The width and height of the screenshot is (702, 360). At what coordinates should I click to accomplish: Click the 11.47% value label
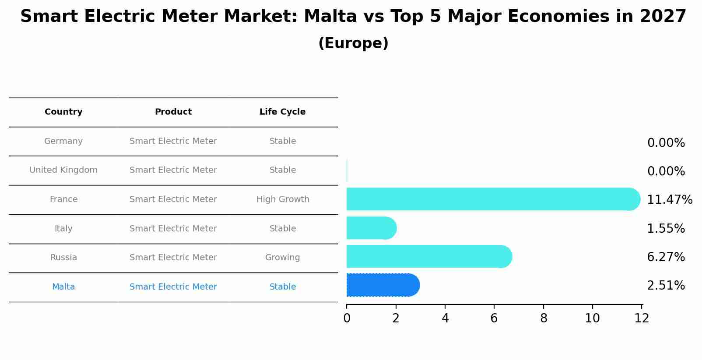669,200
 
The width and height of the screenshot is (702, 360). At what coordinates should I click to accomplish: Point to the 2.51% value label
665,286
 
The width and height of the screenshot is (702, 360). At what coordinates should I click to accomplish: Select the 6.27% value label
665,257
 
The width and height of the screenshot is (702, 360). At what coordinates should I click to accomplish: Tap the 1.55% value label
665,229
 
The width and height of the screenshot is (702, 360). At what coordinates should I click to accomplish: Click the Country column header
63,112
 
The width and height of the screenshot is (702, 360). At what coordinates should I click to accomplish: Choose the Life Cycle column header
282,112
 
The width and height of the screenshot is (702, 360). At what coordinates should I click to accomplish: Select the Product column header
173,112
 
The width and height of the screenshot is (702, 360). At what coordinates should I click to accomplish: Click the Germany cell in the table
63,141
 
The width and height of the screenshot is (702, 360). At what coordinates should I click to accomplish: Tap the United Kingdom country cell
63,170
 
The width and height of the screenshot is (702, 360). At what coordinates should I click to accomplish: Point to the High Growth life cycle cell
283,199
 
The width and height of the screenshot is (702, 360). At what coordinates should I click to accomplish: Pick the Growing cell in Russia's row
282,258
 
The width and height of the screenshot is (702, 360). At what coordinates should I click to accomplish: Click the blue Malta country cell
63,287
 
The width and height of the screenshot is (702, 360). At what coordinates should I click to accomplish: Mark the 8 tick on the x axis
544,318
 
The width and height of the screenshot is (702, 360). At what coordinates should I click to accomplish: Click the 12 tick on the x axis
642,318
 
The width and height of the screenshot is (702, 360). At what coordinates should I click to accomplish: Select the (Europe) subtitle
353,43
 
